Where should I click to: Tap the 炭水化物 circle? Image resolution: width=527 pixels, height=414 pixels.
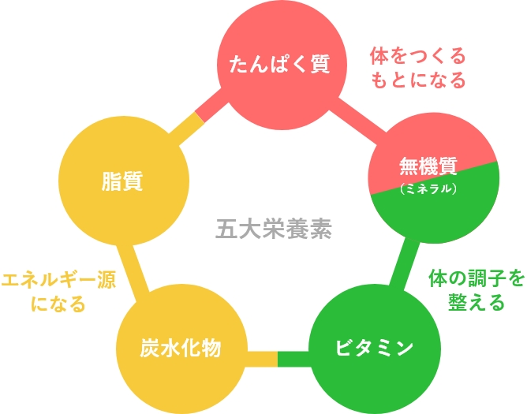[x=181, y=348]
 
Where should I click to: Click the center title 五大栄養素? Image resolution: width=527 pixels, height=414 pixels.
[x=275, y=229]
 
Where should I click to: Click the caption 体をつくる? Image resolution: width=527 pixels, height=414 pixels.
[x=417, y=57]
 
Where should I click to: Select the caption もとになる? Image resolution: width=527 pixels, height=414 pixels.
[x=417, y=80]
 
